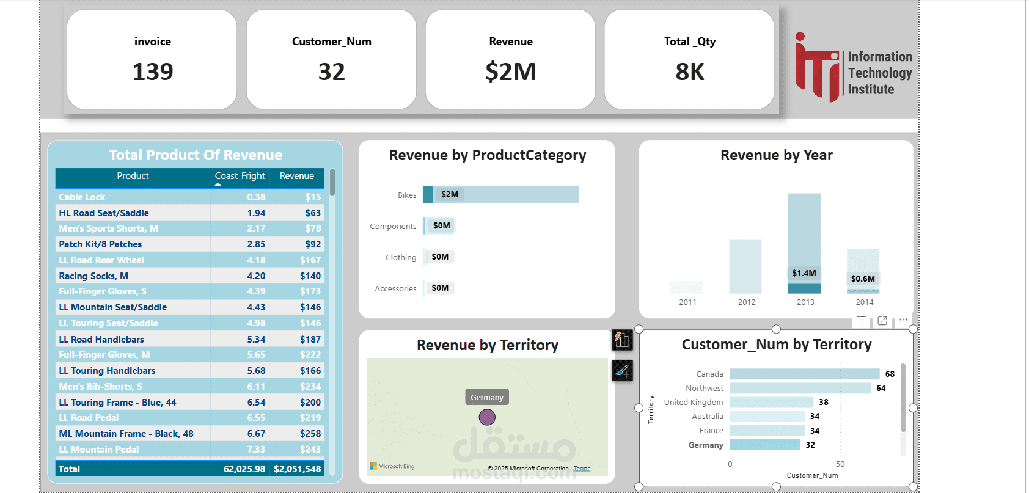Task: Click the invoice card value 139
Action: pos(153,72)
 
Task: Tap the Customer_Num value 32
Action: pos(331,72)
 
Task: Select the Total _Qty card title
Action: pos(689,42)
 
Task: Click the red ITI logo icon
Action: pos(818,67)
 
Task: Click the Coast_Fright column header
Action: pos(240,176)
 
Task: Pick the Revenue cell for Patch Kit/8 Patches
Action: pos(313,244)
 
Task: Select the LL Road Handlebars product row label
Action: pos(101,340)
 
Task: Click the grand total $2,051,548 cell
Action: pos(297,469)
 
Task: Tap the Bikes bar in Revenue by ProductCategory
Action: pos(501,195)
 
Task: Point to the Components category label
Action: pos(393,227)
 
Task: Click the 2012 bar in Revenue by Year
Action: pos(745,266)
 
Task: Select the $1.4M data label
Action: pos(804,273)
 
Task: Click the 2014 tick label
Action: pos(864,302)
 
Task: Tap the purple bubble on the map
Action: pos(487,417)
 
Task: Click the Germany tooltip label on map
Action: pos(487,398)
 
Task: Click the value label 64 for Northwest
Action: pos(881,389)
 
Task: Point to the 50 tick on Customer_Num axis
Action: pos(840,464)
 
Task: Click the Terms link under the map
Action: pos(582,469)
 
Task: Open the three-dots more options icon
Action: pos(903,320)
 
